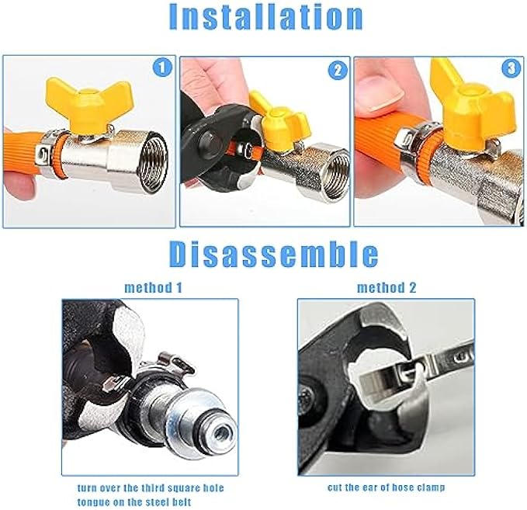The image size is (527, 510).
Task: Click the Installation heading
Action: pos(266,17)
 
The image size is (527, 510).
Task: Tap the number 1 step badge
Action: pos(162,68)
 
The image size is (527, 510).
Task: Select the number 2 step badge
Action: pos(338,71)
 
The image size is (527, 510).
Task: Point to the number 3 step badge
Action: pos(511,68)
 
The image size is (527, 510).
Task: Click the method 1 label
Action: pos(153,288)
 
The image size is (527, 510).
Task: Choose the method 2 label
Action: pos(387,288)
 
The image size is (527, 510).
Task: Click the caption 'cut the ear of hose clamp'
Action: pos(387,487)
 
